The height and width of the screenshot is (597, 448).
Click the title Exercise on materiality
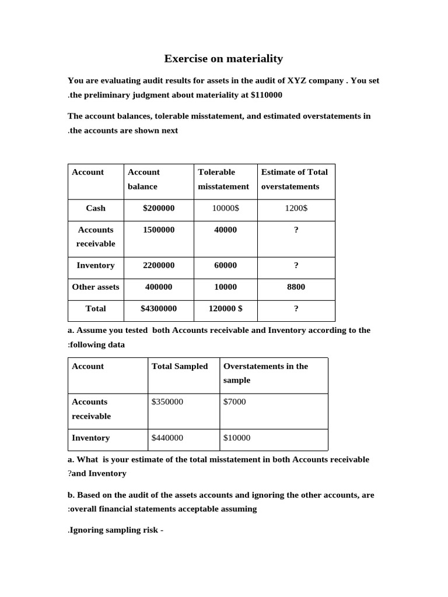point(223,58)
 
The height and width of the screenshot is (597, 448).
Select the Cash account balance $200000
point(158,208)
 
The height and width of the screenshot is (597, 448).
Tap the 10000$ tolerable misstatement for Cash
point(225,208)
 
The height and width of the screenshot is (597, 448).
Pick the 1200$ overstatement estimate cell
point(296,208)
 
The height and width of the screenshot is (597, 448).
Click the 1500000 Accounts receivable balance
point(158,230)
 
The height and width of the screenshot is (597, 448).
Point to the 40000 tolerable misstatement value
point(225,230)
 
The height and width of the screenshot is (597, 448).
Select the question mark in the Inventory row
point(296,265)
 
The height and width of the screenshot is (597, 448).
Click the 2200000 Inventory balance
point(158,265)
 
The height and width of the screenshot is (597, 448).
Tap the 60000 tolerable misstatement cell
point(225,265)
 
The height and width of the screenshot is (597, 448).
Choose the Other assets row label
point(96,287)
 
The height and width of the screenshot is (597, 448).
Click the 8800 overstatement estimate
point(296,287)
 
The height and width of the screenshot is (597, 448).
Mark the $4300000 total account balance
point(158,308)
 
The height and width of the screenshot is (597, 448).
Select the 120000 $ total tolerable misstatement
point(225,308)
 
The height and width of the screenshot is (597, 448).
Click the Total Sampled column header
point(180,366)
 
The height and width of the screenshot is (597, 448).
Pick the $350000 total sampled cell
point(167,402)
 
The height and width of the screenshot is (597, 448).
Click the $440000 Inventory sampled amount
point(167,438)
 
